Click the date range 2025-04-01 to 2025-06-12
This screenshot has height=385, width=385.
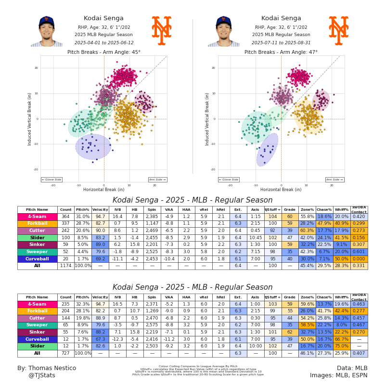pos(103,42)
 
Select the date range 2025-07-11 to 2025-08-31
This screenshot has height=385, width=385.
pos(281,42)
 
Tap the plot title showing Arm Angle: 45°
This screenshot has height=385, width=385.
pos(104,52)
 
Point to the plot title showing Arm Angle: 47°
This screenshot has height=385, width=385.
pos(281,52)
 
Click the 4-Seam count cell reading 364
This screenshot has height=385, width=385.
pos(65,217)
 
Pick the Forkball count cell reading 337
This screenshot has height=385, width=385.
pos(65,224)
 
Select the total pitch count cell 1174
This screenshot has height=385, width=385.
pos(65,266)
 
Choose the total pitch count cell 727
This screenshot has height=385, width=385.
pos(65,353)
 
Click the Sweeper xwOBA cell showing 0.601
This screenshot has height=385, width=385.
pos(359,252)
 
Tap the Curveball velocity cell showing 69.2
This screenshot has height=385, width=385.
pos(100,259)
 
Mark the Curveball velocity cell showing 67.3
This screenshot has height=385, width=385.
pos(100,339)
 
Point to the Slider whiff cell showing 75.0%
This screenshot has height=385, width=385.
pos(342,346)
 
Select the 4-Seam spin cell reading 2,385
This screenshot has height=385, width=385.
pos(152,217)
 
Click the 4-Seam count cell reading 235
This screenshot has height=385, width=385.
pos(65,304)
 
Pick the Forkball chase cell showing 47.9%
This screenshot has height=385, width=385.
pos(324,224)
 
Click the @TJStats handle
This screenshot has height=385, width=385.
pos(42,375)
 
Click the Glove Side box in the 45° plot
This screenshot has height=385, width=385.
pos(51,180)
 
